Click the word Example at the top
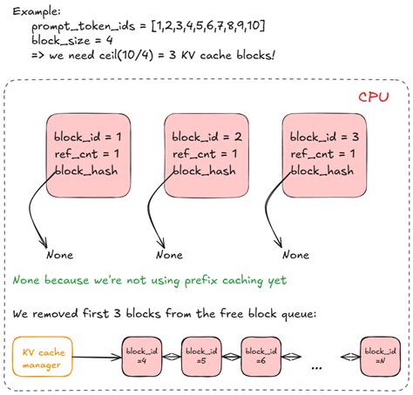click(x=27, y=11)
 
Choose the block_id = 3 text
click(x=322, y=137)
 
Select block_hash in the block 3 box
click(x=322, y=171)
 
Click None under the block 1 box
click(x=59, y=255)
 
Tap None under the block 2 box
click(x=168, y=255)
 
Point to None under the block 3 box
click(x=295, y=255)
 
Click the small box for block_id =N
click(x=382, y=358)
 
